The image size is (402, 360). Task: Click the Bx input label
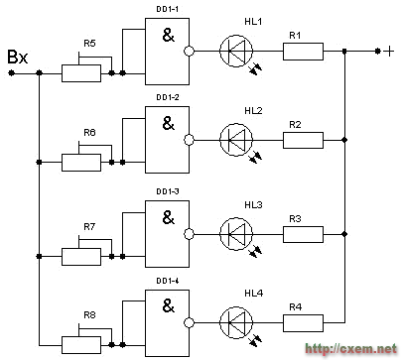18,57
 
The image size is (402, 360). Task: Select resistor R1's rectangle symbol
303,52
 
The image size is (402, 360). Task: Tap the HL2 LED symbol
236,140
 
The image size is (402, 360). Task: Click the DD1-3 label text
168,191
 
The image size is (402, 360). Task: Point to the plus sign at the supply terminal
390,52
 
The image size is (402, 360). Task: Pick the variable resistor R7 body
81,257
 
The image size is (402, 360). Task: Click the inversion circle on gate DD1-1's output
189,51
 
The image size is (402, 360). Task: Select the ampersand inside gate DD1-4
169,306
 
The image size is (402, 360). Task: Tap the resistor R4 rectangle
303,323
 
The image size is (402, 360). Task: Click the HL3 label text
253,205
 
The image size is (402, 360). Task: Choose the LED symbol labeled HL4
236,322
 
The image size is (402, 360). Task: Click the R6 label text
89,133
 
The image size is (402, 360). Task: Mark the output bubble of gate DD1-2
189,140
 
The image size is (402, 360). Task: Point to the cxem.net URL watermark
350,349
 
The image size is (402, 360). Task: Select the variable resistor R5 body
81,73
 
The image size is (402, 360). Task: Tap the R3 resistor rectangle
303,234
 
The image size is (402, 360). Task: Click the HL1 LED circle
236,51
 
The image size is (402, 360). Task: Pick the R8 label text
89,315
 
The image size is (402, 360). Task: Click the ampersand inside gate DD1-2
169,123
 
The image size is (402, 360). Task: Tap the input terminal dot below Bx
11,72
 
